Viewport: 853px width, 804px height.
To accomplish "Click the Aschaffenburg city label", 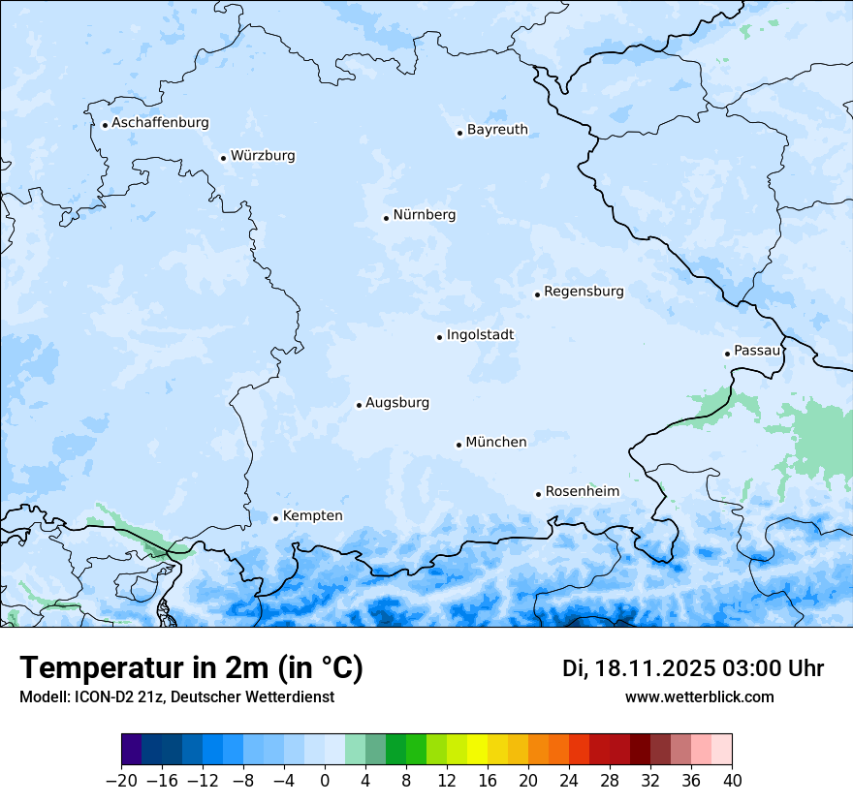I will coord(160,123).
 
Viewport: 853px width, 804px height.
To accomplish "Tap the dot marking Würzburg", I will coord(223,158).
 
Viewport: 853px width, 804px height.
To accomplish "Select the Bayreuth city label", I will coord(497,130).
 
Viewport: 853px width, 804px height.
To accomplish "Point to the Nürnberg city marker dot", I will coord(386,218).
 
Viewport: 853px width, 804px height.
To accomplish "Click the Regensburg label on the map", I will coord(584,292).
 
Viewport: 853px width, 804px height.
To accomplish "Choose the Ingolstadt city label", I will coord(480,335).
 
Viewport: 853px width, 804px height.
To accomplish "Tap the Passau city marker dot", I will coord(727,354).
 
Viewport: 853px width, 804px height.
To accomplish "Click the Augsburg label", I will coord(397,403).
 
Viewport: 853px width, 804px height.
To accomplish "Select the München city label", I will coord(496,443).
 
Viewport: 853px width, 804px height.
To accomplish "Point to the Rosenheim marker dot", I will coord(538,494).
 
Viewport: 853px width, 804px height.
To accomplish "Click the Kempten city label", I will coord(312,516).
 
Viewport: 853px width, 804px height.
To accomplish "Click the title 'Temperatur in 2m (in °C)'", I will coord(191,668).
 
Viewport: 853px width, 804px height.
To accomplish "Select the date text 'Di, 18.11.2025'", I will coord(638,668).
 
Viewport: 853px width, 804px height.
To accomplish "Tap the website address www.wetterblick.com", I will coord(699,697).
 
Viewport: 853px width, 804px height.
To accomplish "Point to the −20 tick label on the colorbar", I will coord(121,781).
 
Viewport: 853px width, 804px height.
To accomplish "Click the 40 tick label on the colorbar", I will coord(732,781).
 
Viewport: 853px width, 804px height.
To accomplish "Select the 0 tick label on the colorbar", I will coord(325,781).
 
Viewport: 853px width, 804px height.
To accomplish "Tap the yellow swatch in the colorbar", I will coord(477,750).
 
